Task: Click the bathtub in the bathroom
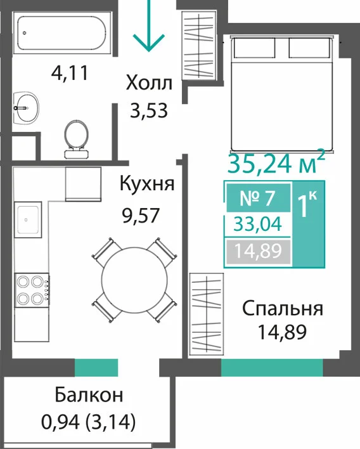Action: coord(61,33)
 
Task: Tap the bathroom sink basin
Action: coord(26,108)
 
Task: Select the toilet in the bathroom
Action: coord(76,139)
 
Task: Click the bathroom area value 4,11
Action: coord(70,73)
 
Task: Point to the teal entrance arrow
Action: coord(148,26)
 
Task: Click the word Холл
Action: coord(149,83)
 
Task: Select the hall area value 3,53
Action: coord(148,110)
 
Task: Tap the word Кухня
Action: coord(147,183)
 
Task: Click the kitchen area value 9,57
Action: coord(141,216)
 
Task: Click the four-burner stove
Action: coord(32,290)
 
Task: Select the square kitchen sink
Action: coord(28,219)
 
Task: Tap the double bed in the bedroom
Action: coord(283,94)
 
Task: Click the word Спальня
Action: coord(283,309)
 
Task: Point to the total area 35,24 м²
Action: coord(276,164)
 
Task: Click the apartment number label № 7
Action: coord(258,198)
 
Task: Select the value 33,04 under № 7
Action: coord(258,224)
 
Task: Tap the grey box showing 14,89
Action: coord(258,251)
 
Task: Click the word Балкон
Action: coord(89,394)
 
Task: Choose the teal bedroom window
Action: coord(272,367)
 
